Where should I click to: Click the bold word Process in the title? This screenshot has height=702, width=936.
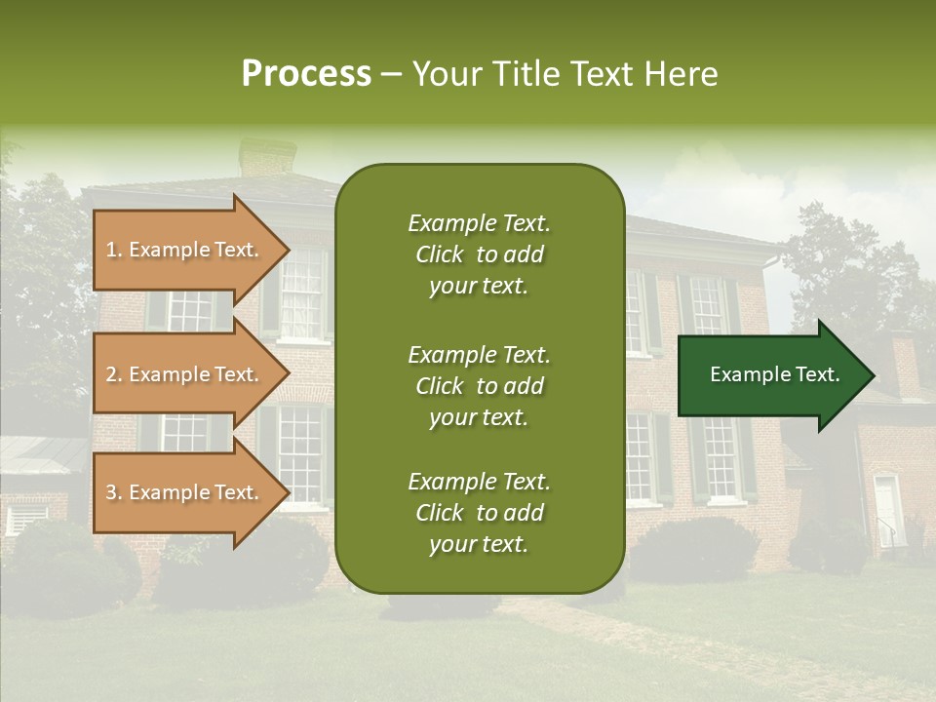[306, 74]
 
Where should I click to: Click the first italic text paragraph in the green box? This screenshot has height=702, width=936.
[479, 254]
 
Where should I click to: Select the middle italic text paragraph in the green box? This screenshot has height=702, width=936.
[479, 385]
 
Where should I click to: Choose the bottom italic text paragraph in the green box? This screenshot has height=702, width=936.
[479, 513]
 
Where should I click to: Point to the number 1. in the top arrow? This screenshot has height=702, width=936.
[114, 250]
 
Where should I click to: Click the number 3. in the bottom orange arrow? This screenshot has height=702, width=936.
[114, 492]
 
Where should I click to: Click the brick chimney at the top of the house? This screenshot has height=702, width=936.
[267, 158]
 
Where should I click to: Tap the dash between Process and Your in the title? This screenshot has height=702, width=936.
[391, 75]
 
